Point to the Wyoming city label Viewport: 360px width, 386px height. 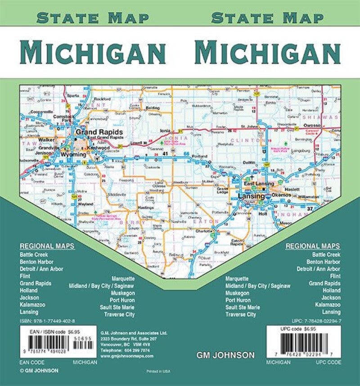pyautogui.click(x=73, y=154)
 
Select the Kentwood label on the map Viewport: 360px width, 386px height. pyautogui.click(x=99, y=147)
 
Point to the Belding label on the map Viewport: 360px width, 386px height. pyautogui.click(x=153, y=109)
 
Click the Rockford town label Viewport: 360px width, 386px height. pyautogui.click(x=103, y=99)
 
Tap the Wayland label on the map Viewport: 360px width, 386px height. pyautogui.click(x=86, y=203)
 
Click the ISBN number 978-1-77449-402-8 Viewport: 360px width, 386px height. pyautogui.click(x=48, y=321)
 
